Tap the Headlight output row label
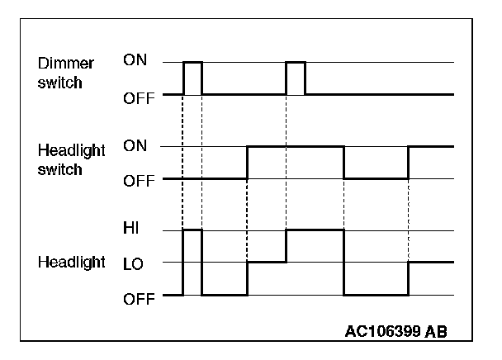(x=72, y=263)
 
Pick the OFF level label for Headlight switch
(x=138, y=179)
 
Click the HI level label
(x=131, y=231)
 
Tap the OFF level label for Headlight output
(x=138, y=296)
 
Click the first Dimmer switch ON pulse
(x=192, y=62)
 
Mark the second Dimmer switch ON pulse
(x=296, y=62)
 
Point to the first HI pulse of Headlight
(x=192, y=230)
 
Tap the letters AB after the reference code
(x=438, y=333)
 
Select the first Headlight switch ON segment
(x=295, y=147)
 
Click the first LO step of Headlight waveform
(x=267, y=262)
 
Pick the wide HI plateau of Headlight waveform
(x=315, y=230)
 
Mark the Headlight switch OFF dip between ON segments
(x=376, y=178)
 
